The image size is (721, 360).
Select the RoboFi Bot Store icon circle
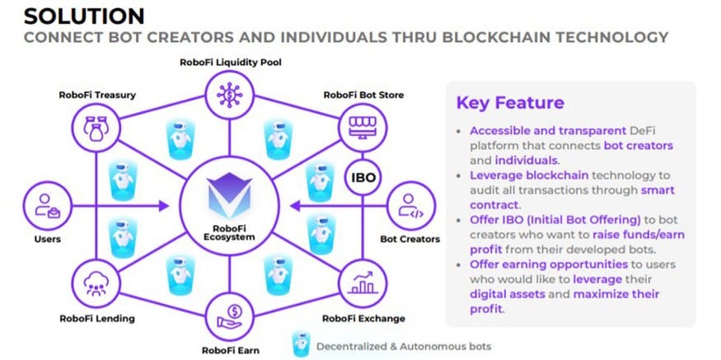point(358,125)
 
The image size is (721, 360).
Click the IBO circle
point(358,178)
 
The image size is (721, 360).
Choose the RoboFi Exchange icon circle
point(358,283)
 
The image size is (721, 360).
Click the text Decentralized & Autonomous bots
point(404,346)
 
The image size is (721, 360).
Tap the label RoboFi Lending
point(96,318)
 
